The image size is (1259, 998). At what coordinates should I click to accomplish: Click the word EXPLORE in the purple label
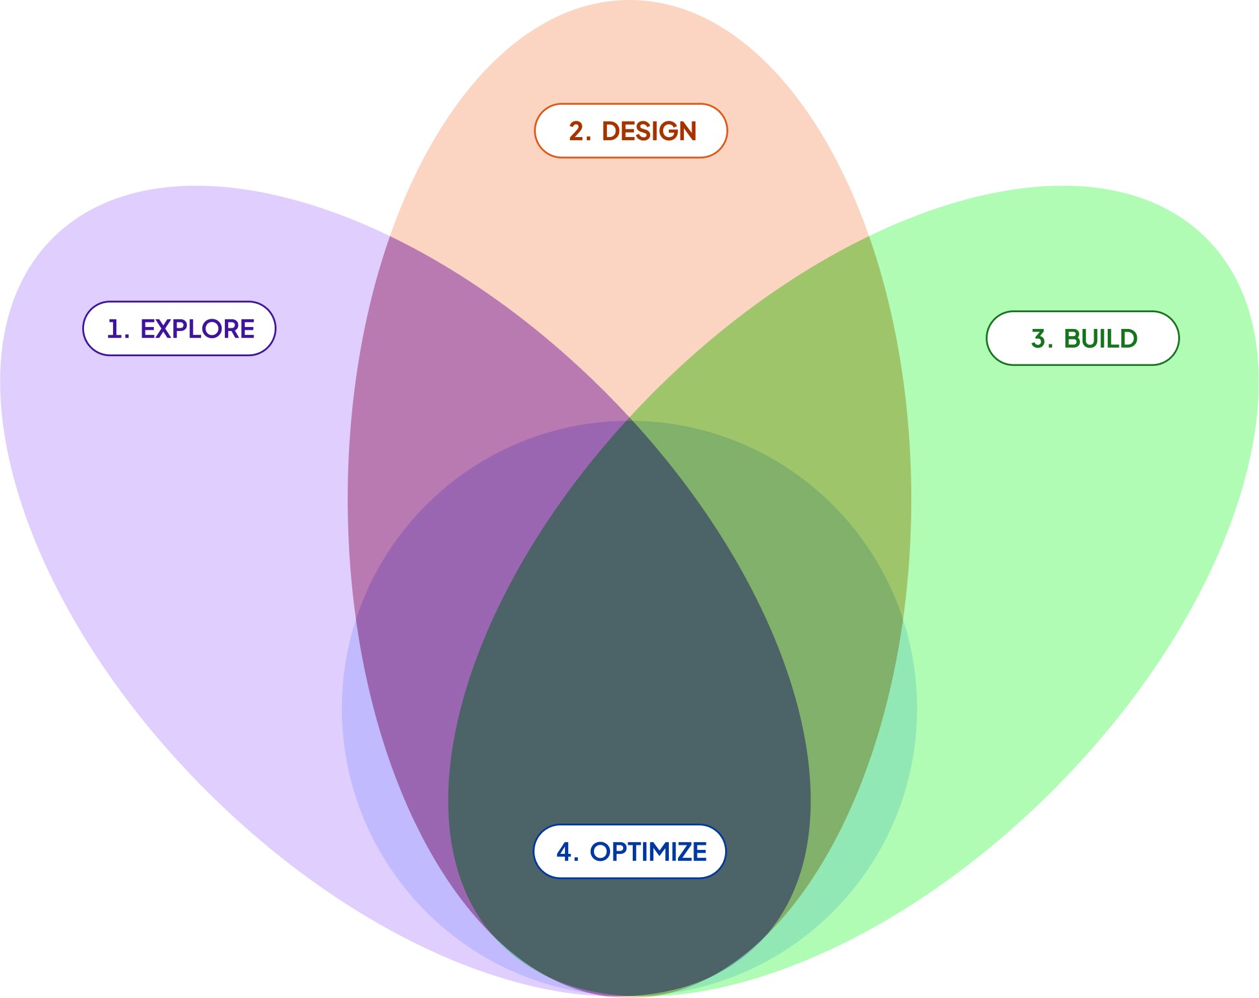pyautogui.click(x=197, y=329)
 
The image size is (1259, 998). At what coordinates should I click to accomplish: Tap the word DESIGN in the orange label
pyautogui.click(x=649, y=131)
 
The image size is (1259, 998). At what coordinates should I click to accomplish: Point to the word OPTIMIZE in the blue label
pyautogui.click(x=648, y=852)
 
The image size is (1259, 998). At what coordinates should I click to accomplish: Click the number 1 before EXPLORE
pyautogui.click(x=114, y=329)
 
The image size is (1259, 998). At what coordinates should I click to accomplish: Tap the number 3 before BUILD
pyautogui.click(x=1039, y=339)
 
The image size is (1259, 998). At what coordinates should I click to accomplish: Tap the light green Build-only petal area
pyautogui.click(x=1086, y=517)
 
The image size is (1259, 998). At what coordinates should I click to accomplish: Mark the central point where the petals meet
pyautogui.click(x=629, y=419)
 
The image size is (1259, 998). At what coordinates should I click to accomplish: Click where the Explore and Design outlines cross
pyautogui.click(x=390, y=237)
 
